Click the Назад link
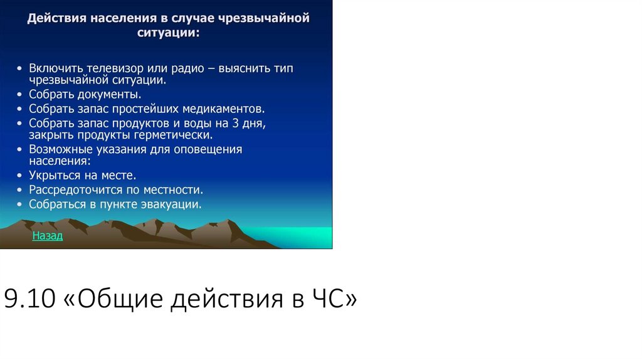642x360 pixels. click(x=48, y=236)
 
